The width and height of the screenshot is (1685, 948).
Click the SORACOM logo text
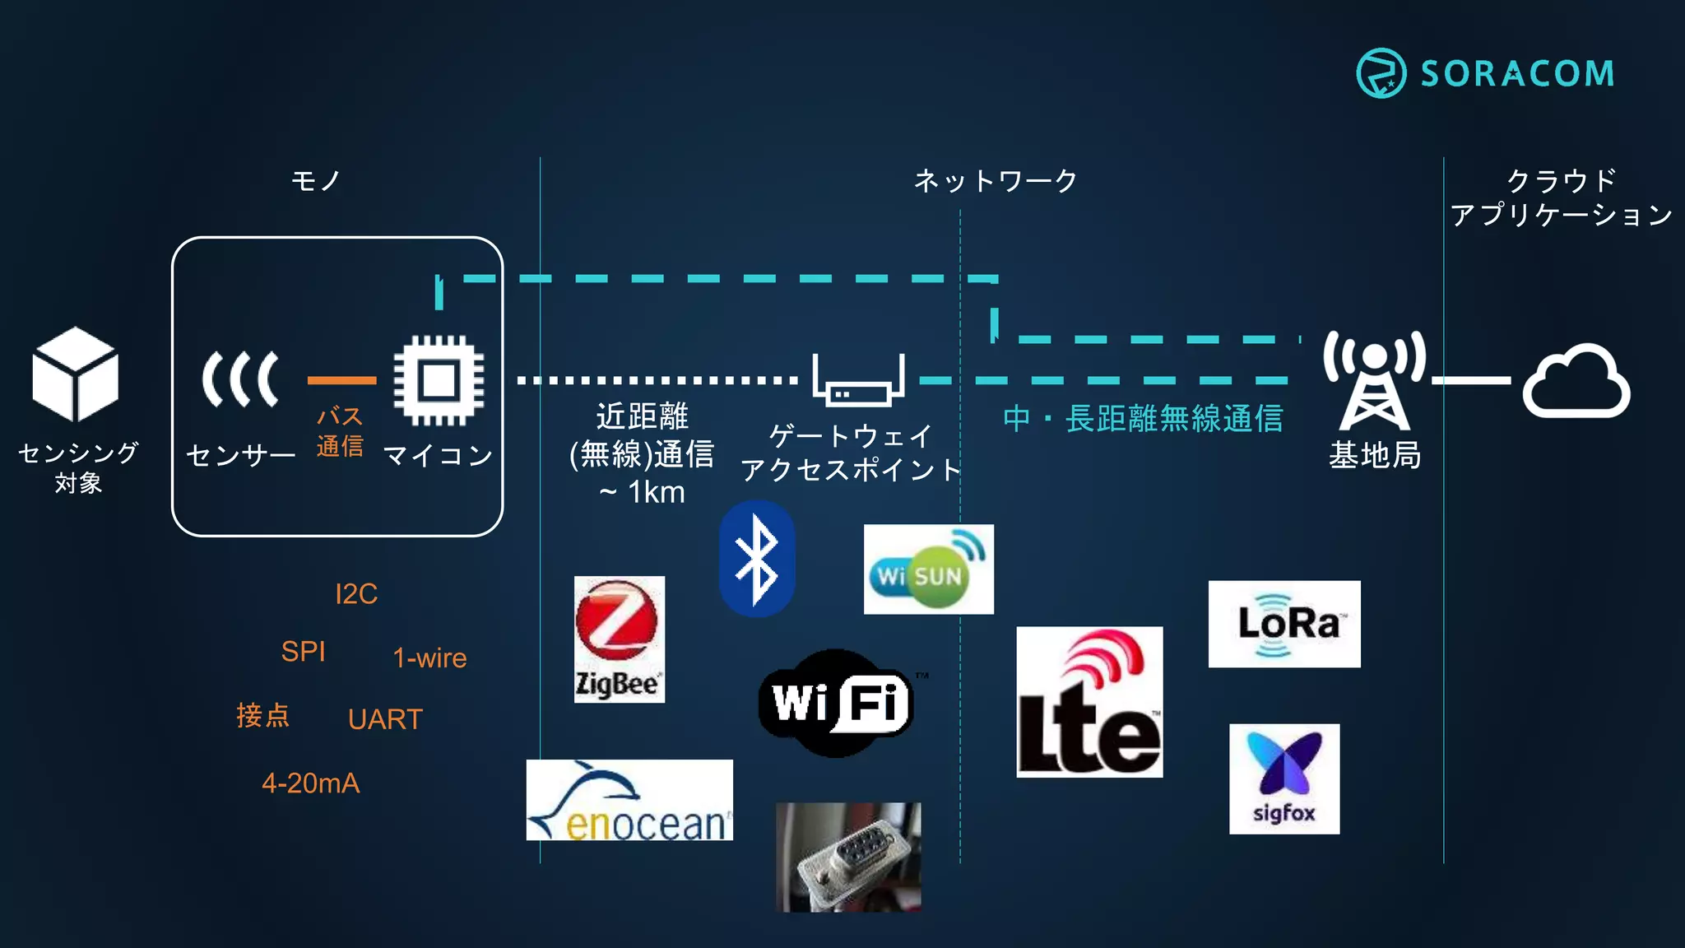pyautogui.click(x=1517, y=73)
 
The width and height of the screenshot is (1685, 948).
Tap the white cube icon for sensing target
pyautogui.click(x=75, y=374)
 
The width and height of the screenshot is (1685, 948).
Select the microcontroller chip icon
pyautogui.click(x=439, y=380)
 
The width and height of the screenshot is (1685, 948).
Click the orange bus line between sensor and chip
pyautogui.click(x=341, y=380)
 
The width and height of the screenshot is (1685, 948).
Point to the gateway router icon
pyautogui.click(x=858, y=383)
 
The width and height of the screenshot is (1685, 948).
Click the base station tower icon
pyautogui.click(x=1374, y=380)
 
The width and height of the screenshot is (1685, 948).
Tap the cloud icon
pyautogui.click(x=1576, y=382)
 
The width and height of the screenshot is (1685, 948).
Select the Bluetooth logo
pyautogui.click(x=757, y=559)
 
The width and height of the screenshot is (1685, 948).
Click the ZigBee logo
pyautogui.click(x=619, y=639)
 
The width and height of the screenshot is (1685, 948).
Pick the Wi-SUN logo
pyautogui.click(x=928, y=569)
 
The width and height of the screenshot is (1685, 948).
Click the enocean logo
pyautogui.click(x=629, y=800)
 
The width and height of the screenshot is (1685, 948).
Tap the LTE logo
pyautogui.click(x=1089, y=702)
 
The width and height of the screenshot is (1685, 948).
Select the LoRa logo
pyautogui.click(x=1283, y=624)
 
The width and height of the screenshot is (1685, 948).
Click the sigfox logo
pyautogui.click(x=1283, y=778)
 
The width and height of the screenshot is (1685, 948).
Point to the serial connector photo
pyautogui.click(x=848, y=857)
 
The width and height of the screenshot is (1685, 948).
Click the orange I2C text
pyautogui.click(x=355, y=593)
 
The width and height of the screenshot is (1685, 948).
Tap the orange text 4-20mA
pyautogui.click(x=310, y=783)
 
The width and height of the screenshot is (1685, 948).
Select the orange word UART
pyautogui.click(x=384, y=719)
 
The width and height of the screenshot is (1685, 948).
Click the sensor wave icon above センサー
pyautogui.click(x=240, y=379)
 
